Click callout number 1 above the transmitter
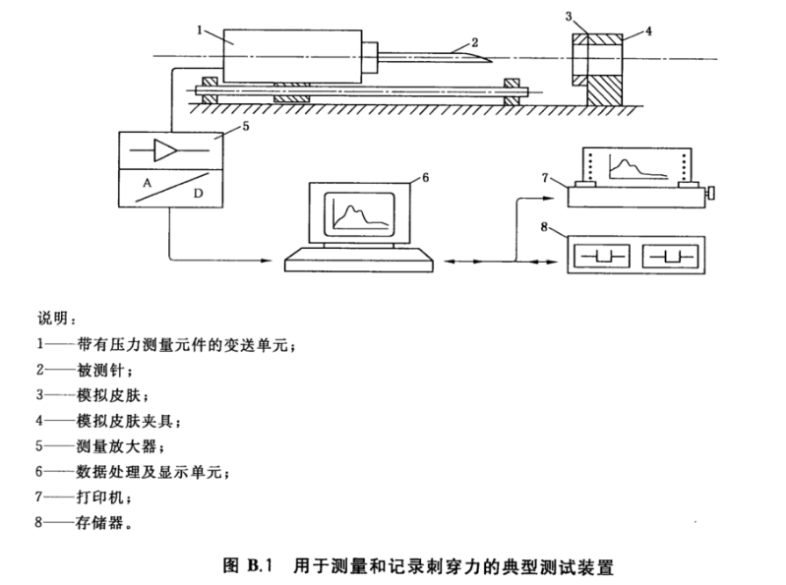199,30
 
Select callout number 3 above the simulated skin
569,17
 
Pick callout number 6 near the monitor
425,177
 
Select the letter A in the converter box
146,183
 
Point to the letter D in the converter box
198,195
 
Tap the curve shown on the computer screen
353,212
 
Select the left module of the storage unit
600,257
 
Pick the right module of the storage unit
669,257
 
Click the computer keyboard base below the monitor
360,261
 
